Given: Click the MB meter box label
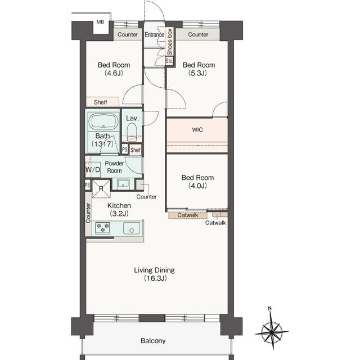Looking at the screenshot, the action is [x=100, y=22].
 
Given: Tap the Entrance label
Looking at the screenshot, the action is [x=154, y=35].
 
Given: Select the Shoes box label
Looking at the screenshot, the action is [x=169, y=42].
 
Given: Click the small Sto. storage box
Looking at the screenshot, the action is [x=169, y=61].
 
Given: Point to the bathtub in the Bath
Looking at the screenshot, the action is [x=103, y=121].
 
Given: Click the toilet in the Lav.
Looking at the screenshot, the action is [x=132, y=131].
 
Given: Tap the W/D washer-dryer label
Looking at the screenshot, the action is [x=93, y=170].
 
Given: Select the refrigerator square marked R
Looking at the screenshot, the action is [x=101, y=189].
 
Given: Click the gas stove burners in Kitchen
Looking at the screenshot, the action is [x=102, y=228].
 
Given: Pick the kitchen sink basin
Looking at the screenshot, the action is [x=132, y=228].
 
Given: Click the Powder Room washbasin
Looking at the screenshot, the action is [x=123, y=184].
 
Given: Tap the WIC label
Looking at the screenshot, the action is [x=197, y=130].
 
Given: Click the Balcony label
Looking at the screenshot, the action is [x=153, y=341].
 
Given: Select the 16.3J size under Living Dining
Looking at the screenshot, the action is [x=155, y=278].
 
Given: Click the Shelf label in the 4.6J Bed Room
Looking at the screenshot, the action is [x=100, y=102].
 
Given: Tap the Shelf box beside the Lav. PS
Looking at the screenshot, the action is [x=136, y=150].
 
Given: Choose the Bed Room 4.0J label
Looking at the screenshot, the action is [x=197, y=181].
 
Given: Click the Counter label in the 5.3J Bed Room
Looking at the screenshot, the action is [x=198, y=34].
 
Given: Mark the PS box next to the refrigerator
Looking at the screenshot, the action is [x=88, y=185].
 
